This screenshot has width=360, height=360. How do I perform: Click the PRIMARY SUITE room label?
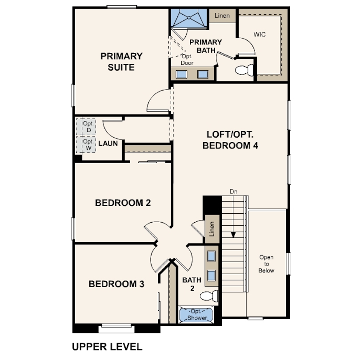point(121,62)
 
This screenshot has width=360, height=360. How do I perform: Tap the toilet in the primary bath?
point(244,70)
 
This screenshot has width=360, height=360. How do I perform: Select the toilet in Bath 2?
point(209,296)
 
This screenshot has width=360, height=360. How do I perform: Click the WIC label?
point(260,34)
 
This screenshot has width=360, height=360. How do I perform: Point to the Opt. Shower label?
point(197,315)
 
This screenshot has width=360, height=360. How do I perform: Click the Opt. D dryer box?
point(86,127)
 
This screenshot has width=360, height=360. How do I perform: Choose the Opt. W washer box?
point(86,144)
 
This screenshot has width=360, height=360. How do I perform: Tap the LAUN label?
point(108,144)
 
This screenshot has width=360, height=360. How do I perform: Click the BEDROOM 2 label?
point(123,203)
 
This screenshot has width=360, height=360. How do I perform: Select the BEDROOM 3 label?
point(116,284)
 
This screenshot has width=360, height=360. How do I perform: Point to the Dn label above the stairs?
point(233,192)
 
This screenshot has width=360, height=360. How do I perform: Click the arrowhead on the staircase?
point(233,235)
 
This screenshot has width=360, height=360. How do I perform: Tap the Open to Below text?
point(266,264)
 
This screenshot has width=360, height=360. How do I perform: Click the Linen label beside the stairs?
point(212,229)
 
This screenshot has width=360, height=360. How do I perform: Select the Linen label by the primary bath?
point(222,16)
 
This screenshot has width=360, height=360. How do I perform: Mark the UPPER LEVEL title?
point(107,347)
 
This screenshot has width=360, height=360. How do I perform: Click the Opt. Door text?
point(187,60)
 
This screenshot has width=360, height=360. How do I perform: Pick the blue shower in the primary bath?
point(189,18)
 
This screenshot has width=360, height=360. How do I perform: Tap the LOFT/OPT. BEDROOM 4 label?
point(230,140)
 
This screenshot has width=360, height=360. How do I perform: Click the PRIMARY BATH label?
point(206,46)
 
